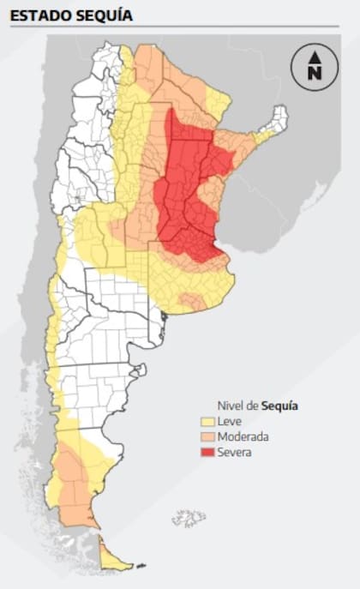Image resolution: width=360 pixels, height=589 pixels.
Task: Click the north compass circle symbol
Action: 314,66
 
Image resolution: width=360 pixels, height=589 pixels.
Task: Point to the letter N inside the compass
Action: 314,73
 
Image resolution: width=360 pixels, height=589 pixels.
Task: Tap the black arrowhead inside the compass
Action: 314,57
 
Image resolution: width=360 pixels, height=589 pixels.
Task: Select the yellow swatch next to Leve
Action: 208,422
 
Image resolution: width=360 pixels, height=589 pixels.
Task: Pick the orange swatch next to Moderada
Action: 208,437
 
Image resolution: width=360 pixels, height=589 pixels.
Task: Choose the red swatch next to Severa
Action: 208,453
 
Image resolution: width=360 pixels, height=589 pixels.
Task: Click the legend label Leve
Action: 230,422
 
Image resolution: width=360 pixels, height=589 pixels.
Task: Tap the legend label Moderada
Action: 244,437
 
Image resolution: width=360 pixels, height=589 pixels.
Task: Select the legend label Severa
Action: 235,453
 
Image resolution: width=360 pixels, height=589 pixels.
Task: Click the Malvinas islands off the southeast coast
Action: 188,519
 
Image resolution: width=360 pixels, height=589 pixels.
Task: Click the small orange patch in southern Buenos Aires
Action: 191,300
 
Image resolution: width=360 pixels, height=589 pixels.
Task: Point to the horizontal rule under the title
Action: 180,27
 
